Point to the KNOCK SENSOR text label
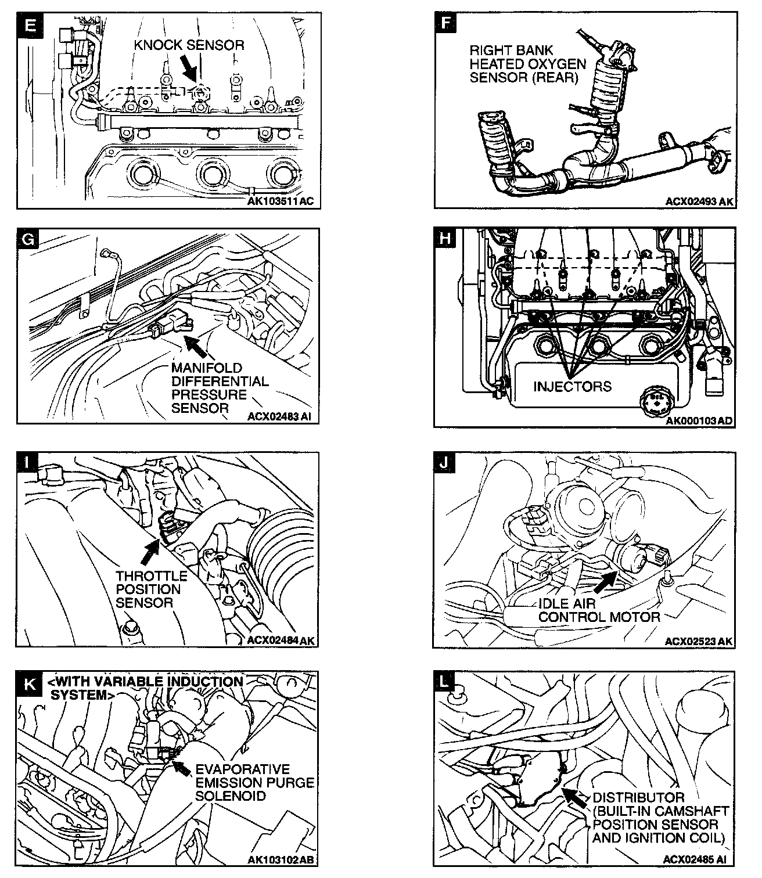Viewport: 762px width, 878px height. (189, 45)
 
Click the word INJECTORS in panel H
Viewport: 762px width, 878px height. (572, 386)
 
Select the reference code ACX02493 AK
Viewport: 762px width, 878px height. (700, 201)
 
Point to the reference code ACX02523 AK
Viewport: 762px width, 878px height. (699, 641)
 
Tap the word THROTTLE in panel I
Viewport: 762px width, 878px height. (152, 576)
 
